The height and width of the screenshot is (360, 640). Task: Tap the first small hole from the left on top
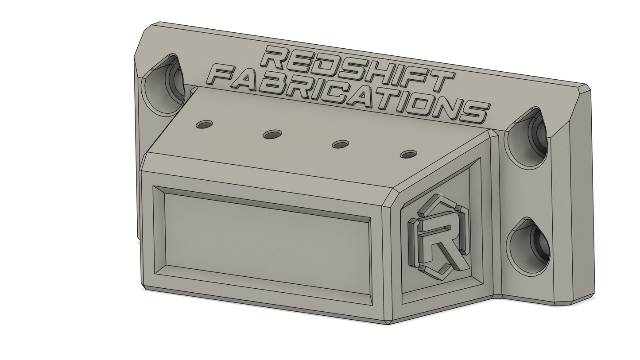(x=204, y=124)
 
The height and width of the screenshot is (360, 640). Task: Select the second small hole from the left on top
(x=272, y=134)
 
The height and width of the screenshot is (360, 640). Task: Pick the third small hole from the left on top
(x=340, y=144)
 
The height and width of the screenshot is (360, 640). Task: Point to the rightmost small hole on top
(x=408, y=155)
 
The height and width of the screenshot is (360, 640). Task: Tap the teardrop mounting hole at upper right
(x=527, y=138)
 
